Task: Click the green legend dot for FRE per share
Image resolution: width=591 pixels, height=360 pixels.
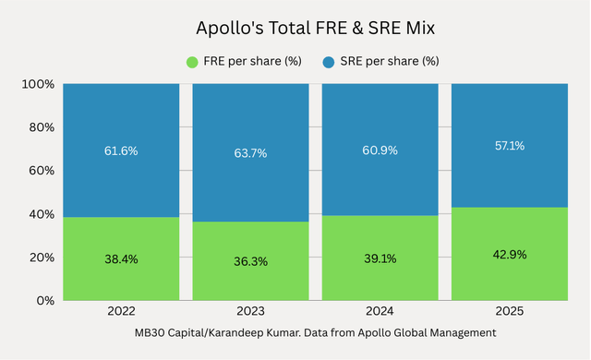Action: coord(193,62)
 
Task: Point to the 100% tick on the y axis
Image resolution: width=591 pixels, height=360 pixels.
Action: coord(37,84)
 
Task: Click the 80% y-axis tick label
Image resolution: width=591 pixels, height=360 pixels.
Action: coord(40,127)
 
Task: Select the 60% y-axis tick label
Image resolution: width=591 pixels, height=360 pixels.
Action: coord(40,171)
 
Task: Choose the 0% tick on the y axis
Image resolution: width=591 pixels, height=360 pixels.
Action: coord(43,301)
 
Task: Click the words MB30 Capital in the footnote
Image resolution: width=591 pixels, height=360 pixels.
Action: coord(167,331)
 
